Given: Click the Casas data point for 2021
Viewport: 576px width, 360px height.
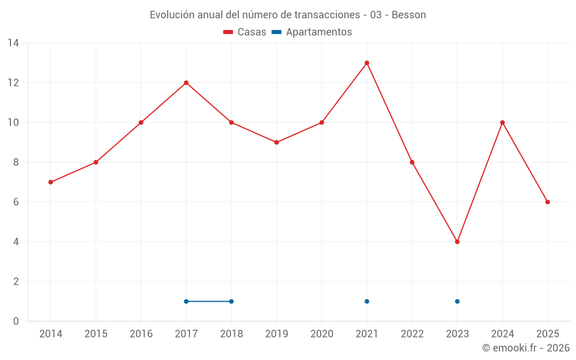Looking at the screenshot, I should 367,63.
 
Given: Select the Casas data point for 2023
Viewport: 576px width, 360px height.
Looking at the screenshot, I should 457,242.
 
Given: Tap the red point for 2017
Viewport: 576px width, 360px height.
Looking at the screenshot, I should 186,83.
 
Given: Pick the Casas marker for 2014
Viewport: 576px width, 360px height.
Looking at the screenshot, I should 51,182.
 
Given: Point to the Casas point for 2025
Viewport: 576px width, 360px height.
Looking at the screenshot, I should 548,202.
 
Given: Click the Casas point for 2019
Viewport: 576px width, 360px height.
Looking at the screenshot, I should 276,142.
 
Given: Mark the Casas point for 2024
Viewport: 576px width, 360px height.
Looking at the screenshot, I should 502,123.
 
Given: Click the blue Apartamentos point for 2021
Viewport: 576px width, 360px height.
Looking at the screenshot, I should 367,301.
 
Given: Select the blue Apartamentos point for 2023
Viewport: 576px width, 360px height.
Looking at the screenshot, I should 457,301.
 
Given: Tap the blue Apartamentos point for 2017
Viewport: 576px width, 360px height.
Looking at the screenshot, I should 186,301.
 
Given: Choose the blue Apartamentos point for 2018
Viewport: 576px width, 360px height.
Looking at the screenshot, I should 232,301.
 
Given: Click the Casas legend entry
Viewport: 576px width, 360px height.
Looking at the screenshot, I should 245,32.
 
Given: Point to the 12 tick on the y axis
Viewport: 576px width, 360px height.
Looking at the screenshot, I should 13,83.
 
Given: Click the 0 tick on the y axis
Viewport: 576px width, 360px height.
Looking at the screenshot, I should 16,321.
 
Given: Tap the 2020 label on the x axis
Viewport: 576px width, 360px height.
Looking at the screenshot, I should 322,334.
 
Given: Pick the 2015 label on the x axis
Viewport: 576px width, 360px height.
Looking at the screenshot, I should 96,334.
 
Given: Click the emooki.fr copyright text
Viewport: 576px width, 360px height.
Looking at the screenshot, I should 526,348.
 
